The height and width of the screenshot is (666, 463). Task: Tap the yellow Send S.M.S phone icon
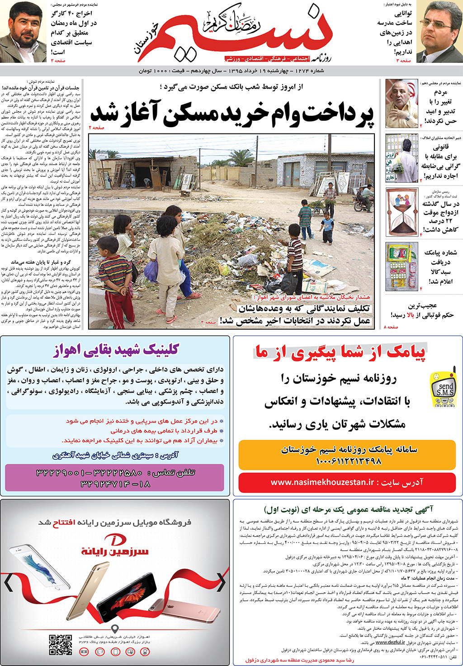click(x=444, y=389)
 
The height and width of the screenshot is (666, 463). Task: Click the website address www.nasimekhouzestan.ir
click(x=347, y=482)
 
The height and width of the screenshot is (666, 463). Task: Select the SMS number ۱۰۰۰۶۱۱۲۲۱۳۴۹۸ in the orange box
click(x=348, y=461)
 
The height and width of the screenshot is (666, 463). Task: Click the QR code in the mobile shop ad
click(x=61, y=644)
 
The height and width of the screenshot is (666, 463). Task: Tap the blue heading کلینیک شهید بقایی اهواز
click(x=116, y=350)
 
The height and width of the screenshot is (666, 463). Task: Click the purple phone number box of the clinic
click(x=115, y=478)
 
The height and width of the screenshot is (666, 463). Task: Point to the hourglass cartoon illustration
click(x=402, y=213)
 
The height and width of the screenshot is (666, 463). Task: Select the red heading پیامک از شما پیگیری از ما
click(x=340, y=352)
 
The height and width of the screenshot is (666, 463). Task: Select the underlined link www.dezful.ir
click(x=390, y=642)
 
